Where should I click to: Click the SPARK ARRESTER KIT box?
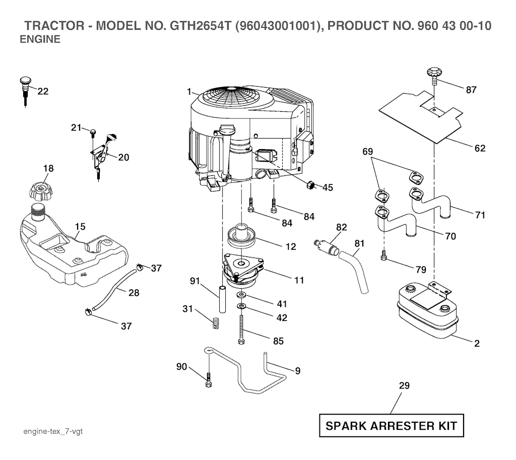pyautogui.click(x=391, y=426)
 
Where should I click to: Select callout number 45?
pyautogui.click(x=328, y=187)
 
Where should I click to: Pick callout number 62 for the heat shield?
pyautogui.click(x=480, y=148)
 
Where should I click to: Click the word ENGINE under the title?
pyautogui.click(x=40, y=40)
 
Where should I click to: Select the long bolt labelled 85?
pyautogui.click(x=242, y=330)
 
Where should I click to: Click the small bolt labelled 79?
pyautogui.click(x=384, y=257)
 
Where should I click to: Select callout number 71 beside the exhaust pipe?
pyautogui.click(x=480, y=215)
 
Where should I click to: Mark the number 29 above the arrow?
pyautogui.click(x=404, y=386)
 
